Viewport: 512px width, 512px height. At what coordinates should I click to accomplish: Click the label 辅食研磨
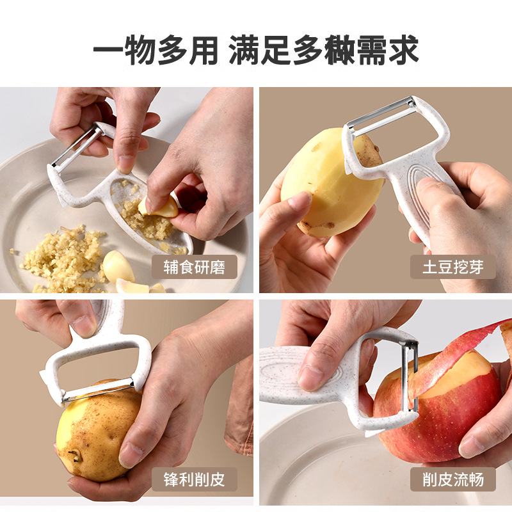pyautogui.click(x=194, y=266)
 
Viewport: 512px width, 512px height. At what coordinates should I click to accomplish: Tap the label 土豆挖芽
pyautogui.click(x=452, y=266)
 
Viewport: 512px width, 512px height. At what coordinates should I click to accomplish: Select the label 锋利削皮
pyautogui.click(x=194, y=478)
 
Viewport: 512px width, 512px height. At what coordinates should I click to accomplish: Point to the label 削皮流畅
pyautogui.click(x=452, y=478)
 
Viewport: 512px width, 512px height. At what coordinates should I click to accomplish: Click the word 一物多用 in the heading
pyautogui.click(x=156, y=50)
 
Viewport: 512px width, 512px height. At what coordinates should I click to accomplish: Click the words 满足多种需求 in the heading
pyautogui.click(x=324, y=50)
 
